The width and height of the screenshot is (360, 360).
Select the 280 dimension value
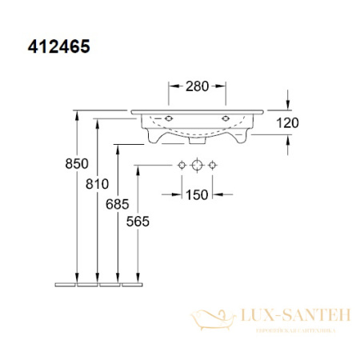point(197,86)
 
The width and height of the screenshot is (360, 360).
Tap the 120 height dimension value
point(288,122)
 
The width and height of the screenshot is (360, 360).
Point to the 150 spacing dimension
point(197,194)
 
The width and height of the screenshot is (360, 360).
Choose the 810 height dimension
point(96,184)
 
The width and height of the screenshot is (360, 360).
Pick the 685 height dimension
point(117,205)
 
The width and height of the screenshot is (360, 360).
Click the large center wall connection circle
point(197,165)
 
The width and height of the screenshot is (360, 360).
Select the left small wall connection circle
point(182,165)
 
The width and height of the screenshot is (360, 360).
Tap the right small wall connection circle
point(213,165)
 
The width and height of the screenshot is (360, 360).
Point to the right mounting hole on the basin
point(226,119)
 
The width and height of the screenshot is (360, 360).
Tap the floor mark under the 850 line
point(66,283)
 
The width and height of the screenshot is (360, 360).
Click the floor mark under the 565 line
point(131,283)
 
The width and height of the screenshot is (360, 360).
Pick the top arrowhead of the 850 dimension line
point(76,114)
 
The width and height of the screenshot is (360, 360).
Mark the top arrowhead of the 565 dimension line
point(139,169)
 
